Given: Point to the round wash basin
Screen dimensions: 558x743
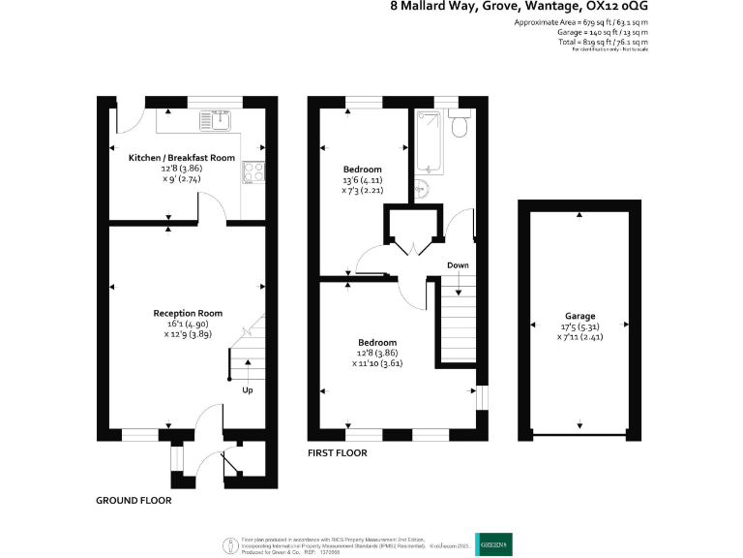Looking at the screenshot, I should [424, 188].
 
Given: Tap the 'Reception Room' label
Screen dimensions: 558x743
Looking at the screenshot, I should [188, 313].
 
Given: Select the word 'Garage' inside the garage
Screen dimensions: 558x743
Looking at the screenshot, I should [580, 316].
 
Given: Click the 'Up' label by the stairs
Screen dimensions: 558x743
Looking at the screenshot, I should [248, 390].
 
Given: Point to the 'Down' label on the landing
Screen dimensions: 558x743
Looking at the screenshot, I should [459, 264].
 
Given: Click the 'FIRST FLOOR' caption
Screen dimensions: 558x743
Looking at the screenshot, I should [338, 452].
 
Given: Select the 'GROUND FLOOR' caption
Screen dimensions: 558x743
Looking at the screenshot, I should [134, 501].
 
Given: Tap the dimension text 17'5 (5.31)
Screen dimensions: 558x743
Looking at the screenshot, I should [580, 326].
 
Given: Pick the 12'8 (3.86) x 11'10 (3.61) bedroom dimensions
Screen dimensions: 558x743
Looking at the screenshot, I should [377, 358].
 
